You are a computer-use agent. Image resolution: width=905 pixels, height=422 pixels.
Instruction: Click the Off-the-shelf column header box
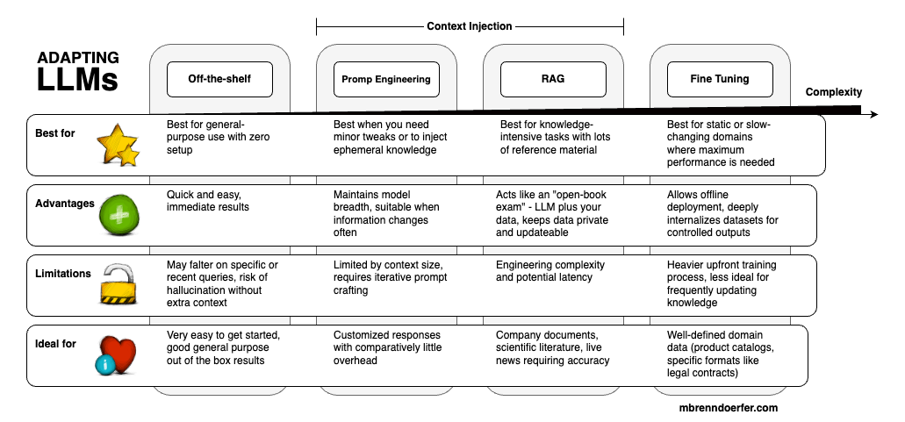(219, 79)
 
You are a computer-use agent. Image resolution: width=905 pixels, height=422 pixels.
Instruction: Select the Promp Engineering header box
(386, 79)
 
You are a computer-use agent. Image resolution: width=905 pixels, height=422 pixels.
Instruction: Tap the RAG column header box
(553, 79)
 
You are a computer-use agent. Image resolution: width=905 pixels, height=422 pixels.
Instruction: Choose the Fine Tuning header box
(720, 79)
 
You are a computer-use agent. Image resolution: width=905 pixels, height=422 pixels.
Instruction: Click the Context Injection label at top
(470, 26)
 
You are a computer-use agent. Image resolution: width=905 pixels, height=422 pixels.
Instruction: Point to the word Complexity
(834, 92)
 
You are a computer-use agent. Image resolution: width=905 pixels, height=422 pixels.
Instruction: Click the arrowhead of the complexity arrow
(872, 115)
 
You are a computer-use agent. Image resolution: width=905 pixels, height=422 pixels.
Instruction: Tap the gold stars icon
(119, 145)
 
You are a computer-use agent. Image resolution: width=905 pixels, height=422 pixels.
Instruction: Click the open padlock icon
(118, 286)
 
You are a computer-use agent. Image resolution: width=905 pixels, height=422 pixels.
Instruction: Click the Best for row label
(55, 133)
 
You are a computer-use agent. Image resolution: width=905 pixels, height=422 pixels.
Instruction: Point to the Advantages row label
(64, 204)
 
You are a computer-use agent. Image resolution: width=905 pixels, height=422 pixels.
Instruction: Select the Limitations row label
(63, 274)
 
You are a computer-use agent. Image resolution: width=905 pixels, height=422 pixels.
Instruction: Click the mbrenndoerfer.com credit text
(729, 408)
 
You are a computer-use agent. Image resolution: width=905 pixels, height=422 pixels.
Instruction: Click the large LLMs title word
(77, 81)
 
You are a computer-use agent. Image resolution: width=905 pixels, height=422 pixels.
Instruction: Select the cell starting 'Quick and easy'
(208, 201)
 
